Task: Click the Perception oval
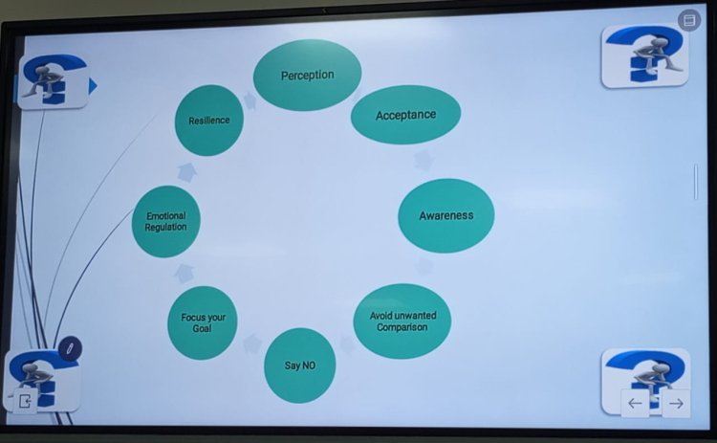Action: pyautogui.click(x=307, y=75)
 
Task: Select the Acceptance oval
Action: pyautogui.click(x=405, y=115)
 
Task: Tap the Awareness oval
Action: pyautogui.click(x=445, y=215)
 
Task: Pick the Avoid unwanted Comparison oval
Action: pyautogui.click(x=402, y=321)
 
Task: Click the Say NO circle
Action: pyautogui.click(x=299, y=365)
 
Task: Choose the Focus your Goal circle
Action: pyautogui.click(x=202, y=322)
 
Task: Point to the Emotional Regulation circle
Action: pyautogui.click(x=165, y=222)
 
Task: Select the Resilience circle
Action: pyautogui.click(x=209, y=121)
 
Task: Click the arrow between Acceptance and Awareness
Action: pyautogui.click(x=424, y=160)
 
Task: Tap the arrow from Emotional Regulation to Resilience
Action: pyautogui.click(x=187, y=172)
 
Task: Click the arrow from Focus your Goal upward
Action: pyautogui.click(x=185, y=274)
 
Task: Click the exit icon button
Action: pyautogui.click(x=25, y=401)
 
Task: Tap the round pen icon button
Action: pyautogui.click(x=70, y=348)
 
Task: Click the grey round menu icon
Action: pyautogui.click(x=689, y=20)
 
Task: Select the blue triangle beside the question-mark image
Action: pyautogui.click(x=93, y=86)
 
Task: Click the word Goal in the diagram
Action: pyautogui.click(x=202, y=328)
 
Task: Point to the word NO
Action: pyautogui.click(x=308, y=365)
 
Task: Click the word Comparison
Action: pyautogui.click(x=402, y=327)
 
